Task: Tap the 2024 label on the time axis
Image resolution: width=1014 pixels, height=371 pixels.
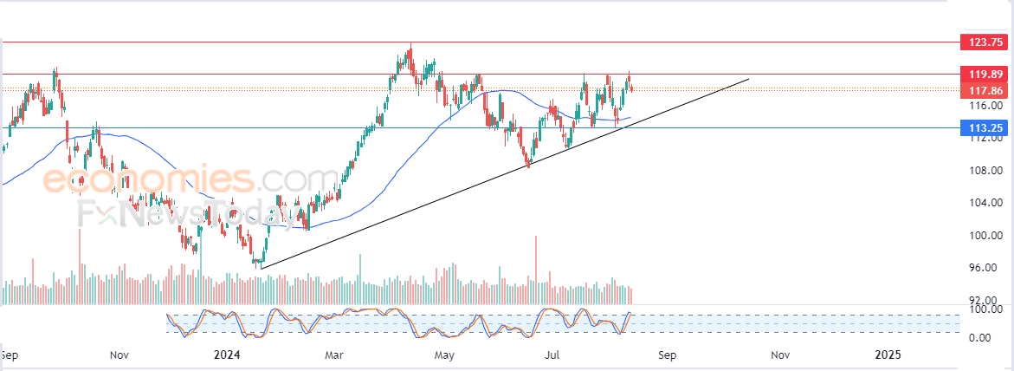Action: click(x=228, y=355)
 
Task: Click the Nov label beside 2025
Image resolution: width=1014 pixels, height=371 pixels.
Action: click(x=780, y=355)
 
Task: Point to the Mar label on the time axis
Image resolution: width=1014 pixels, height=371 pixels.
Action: click(x=334, y=355)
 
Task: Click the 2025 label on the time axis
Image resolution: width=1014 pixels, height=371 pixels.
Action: click(x=888, y=355)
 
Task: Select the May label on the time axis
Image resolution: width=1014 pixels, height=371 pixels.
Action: click(x=444, y=355)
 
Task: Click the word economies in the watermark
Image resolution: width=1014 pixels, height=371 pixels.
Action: click(x=147, y=180)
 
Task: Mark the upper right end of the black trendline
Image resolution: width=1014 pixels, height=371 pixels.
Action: click(x=747, y=80)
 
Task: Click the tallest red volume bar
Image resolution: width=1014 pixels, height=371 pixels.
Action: click(x=537, y=269)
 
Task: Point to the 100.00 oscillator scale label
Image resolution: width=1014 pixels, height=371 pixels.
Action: click(x=985, y=309)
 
